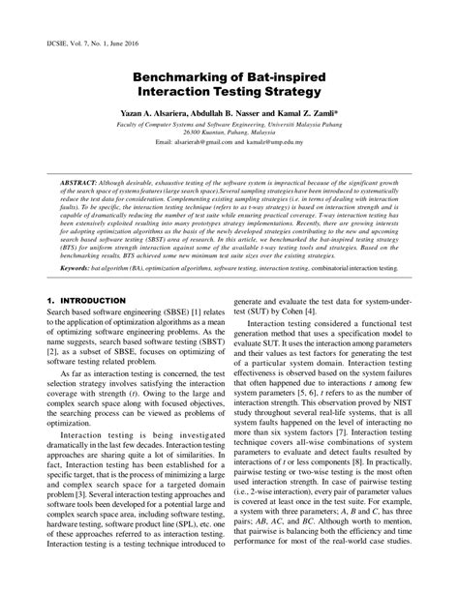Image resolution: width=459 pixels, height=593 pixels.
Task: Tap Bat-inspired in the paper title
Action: click(274, 76)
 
